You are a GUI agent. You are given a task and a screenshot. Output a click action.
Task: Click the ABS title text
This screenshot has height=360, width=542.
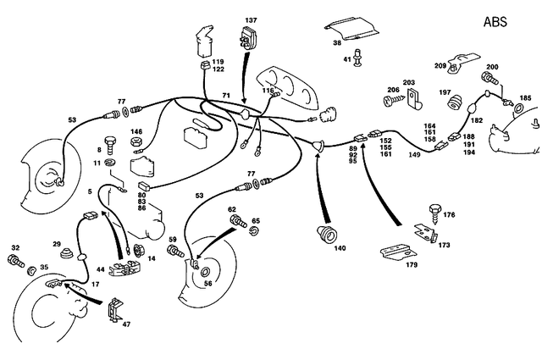pos(496,22)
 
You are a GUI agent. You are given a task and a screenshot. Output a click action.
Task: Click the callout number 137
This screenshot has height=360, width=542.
pos(252,19)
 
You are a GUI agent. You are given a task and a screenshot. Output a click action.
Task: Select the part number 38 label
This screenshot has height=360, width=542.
pos(336,42)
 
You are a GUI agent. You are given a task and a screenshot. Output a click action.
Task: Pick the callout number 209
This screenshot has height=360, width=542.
pos(440,66)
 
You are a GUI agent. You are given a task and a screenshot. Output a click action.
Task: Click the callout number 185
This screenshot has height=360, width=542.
pos(526,98)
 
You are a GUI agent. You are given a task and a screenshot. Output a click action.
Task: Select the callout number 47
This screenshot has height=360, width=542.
pos(127,324)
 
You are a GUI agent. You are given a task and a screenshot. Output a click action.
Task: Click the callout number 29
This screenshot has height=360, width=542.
pos(57,244)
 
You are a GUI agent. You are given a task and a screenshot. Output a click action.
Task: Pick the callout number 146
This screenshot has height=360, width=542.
pos(135,132)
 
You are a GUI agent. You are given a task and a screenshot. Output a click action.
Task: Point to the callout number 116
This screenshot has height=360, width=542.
pos(268,91)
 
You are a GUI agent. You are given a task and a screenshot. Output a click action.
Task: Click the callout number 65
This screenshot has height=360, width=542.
pos(256,220)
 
